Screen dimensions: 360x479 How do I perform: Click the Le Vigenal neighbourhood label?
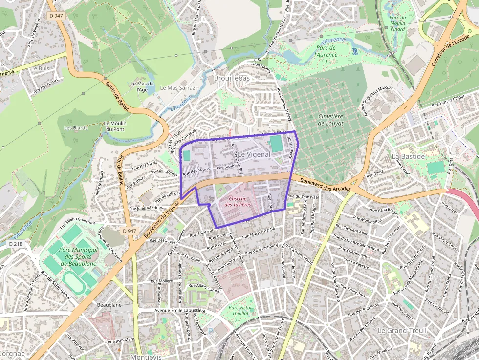pos(254,154)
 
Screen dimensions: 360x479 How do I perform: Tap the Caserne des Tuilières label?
pos(238,201)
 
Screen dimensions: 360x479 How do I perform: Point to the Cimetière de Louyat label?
pos(331,120)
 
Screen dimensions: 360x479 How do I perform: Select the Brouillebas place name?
pos(232,78)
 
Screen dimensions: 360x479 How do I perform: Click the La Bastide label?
pos(408,156)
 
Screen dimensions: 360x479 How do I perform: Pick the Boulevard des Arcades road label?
pos(326,185)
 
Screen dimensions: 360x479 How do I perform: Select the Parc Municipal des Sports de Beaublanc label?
pos(78,256)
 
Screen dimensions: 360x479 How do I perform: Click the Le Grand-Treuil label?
pos(402,330)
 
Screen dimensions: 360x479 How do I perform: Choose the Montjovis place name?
pos(146,357)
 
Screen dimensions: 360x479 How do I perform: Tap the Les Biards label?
pos(76,127)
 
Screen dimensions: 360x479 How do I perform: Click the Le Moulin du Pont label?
pos(115,126)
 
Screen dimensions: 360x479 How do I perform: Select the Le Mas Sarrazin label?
pos(180,88)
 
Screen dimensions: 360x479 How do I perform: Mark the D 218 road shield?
pos(15,243)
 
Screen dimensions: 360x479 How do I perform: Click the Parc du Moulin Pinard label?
pos(398,23)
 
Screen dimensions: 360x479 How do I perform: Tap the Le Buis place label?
pos(40,68)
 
